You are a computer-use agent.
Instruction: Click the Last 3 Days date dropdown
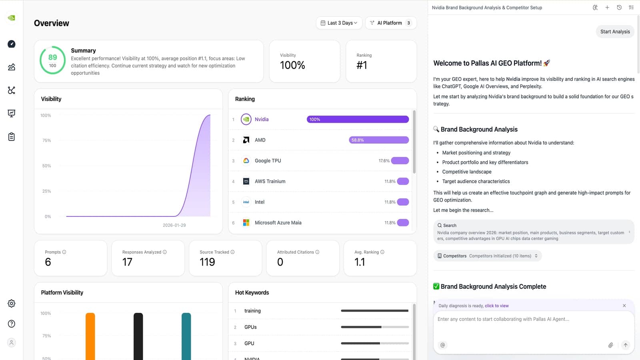point(339,23)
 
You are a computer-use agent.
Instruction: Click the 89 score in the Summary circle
point(52,58)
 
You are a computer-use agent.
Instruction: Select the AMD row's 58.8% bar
point(378,140)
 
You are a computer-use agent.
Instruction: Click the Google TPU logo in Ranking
point(246,161)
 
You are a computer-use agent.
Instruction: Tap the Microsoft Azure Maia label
point(278,223)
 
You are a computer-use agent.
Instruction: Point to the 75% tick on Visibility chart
point(46,141)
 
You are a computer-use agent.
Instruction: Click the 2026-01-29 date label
point(174,225)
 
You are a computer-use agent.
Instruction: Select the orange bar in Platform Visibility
point(90,336)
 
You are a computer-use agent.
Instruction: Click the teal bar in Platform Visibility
point(186,336)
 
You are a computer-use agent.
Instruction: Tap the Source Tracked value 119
point(207,262)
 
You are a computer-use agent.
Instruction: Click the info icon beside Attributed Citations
point(317,252)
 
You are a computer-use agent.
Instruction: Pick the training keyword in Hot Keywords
point(252,311)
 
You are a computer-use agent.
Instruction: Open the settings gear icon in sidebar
point(12,304)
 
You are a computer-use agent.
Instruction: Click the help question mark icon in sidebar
point(12,324)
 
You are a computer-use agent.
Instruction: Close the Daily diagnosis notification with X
point(624,306)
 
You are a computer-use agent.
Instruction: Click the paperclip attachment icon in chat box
point(610,345)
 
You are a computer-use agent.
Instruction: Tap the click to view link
point(496,306)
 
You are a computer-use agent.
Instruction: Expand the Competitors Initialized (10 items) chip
point(488,256)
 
